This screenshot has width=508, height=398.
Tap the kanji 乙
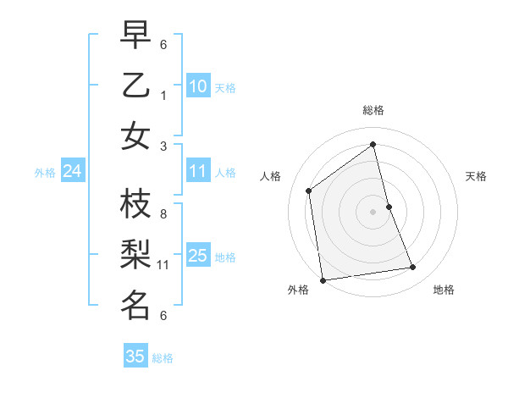[x=136, y=85]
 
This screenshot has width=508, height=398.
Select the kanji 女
[x=136, y=135]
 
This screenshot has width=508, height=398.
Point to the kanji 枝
[x=136, y=204]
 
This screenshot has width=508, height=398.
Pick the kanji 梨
[x=136, y=254]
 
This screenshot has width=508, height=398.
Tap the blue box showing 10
[x=198, y=86]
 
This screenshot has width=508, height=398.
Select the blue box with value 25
[x=198, y=255]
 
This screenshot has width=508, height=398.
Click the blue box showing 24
[x=73, y=172]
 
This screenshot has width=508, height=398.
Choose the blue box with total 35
[x=135, y=357]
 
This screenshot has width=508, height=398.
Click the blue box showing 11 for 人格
[x=198, y=172]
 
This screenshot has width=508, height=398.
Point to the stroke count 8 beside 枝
[x=163, y=215]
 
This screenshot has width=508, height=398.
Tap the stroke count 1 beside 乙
[x=163, y=96]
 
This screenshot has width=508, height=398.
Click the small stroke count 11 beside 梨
[x=164, y=265]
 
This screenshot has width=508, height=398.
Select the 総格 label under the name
[x=163, y=358]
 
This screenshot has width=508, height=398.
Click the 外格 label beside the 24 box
[x=45, y=173]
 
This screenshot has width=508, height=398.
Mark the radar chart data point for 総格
[x=373, y=144]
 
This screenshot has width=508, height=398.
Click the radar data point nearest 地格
[x=413, y=268]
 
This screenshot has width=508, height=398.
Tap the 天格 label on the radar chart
[x=476, y=176]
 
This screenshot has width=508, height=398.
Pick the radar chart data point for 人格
[x=309, y=191]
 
